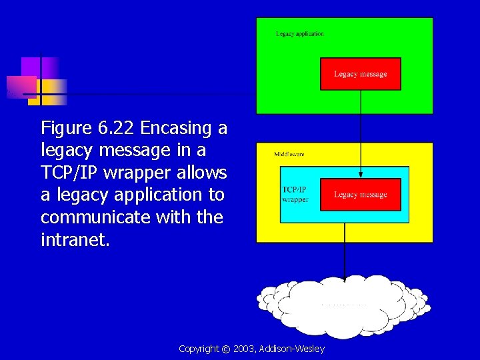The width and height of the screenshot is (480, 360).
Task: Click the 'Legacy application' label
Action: click(300, 34)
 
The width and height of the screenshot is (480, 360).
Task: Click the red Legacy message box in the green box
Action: click(361, 74)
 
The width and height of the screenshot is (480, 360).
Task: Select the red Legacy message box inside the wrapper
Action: click(361, 195)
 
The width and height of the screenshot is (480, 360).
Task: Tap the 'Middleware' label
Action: click(289, 154)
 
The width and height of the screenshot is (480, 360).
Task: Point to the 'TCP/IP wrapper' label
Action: click(295, 194)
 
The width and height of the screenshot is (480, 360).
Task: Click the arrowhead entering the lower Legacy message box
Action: click(361, 175)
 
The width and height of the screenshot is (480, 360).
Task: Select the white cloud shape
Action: click(343, 307)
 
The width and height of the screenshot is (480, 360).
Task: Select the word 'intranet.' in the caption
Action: click(75, 239)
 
